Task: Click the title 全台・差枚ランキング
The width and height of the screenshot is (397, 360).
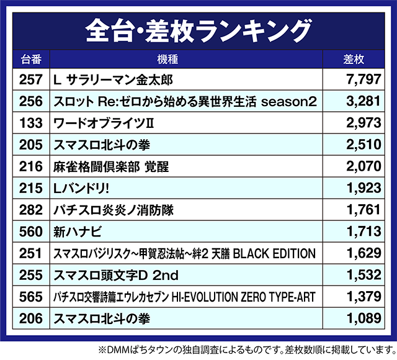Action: [198, 30]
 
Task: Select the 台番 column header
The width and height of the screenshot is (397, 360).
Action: [31, 60]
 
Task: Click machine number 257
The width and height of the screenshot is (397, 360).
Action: [31, 79]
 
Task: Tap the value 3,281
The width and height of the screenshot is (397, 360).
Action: [359, 101]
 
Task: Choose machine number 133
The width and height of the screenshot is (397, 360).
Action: [31, 122]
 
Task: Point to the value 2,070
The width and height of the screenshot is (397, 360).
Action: [359, 166]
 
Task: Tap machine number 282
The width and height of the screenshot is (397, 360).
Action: [31, 209]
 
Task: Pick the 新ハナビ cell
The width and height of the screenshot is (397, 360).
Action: [77, 231]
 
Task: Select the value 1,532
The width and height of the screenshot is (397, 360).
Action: [359, 274]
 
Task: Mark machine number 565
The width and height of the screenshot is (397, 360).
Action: [31, 296]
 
